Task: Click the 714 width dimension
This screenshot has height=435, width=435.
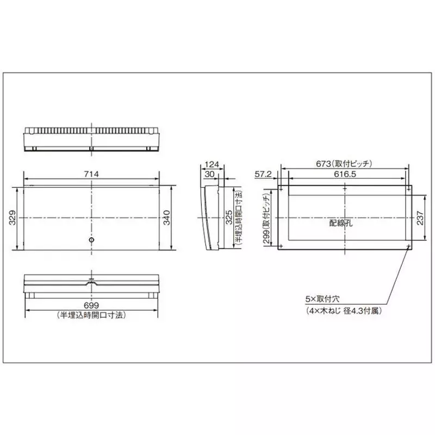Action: click(x=91, y=173)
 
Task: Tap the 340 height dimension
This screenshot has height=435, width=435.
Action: click(x=167, y=217)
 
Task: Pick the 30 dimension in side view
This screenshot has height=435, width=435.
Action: click(x=210, y=173)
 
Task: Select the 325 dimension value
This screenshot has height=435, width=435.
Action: click(x=229, y=217)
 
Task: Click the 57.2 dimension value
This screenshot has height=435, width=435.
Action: click(x=263, y=174)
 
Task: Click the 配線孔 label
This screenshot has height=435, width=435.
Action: click(x=340, y=222)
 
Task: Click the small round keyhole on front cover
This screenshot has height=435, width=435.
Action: click(x=91, y=240)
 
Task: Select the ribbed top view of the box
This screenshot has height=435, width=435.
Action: click(x=91, y=139)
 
